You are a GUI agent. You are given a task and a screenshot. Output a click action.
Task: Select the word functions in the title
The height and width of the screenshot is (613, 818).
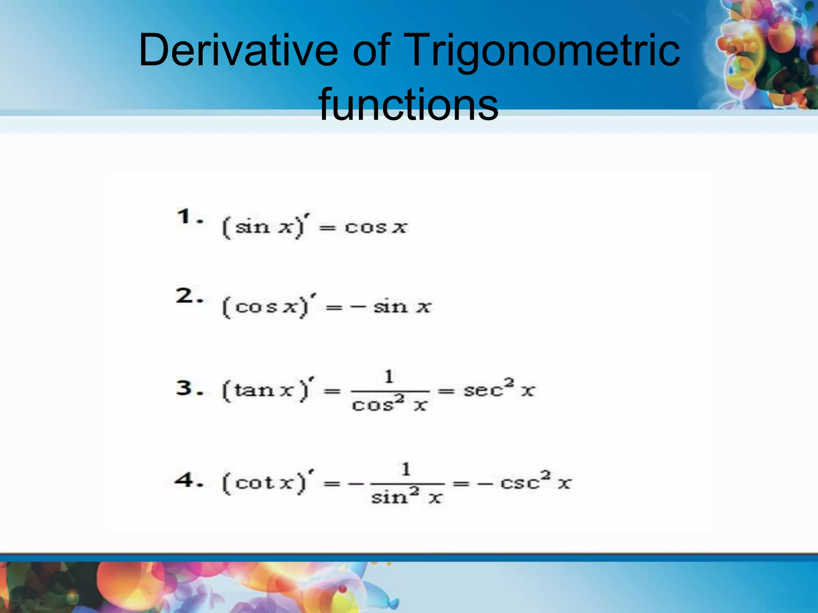tap(408, 104)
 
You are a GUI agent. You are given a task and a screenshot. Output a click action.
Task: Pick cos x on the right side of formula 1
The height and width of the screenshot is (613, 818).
tap(375, 227)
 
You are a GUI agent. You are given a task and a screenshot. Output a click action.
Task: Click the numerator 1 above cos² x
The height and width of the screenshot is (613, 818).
tap(389, 376)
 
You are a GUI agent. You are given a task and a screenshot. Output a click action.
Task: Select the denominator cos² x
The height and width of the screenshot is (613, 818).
tap(389, 405)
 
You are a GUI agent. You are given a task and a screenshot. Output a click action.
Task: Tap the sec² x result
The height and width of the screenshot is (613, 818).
tap(498, 389)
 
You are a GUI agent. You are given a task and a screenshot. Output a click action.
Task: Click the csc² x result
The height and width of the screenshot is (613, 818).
tap(536, 482)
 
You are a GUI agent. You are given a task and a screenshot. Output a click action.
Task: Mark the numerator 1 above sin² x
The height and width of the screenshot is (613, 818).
tap(406, 469)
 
